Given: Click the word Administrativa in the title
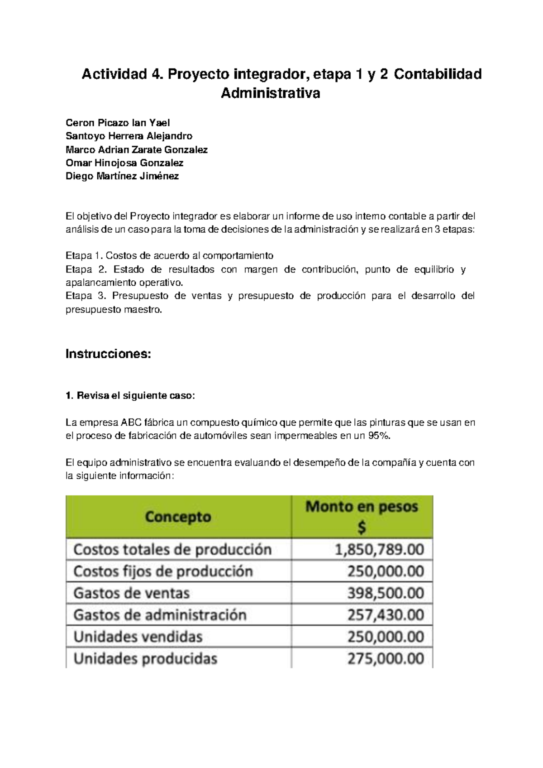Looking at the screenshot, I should coord(270,93).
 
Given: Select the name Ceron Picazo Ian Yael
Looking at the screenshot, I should coord(118,123).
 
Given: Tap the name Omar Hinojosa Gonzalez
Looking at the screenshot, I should coord(124,163).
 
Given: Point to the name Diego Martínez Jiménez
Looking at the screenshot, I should coord(122,176).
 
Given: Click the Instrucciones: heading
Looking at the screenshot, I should coord(108,354).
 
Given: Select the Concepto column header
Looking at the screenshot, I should coord(178,517).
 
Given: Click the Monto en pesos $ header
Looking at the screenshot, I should coord(362,516).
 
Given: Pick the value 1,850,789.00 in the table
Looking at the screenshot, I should coord(379,550).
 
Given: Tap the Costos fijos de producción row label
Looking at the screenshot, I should coord(163,571).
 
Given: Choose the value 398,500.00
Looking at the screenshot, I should coord(386,593).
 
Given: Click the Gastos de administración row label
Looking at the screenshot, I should coord(160,615).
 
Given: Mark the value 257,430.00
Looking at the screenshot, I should coord(386,615).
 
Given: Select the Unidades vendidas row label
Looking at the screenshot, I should coord(138,637).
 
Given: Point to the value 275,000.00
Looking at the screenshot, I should coord(386,658).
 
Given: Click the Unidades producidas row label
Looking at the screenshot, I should coord(145,658).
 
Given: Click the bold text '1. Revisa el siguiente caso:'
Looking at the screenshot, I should coord(130,396).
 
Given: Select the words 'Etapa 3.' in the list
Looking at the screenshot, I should coord(86,296).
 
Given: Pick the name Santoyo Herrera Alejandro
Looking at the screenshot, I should coord(129,136).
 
